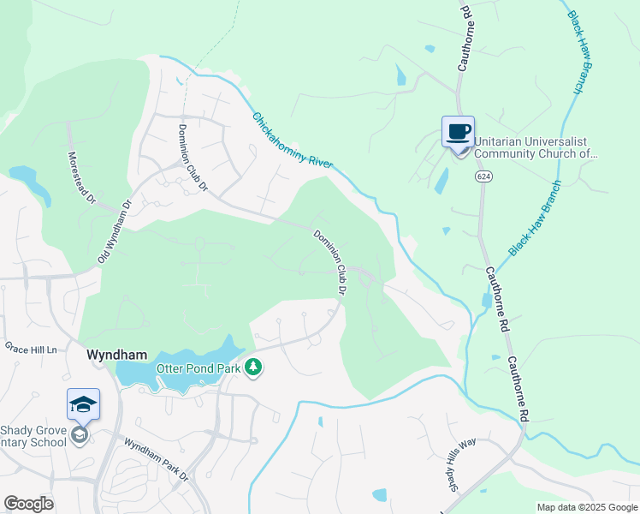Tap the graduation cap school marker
pos(83,404)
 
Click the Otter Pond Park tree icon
pos(252,368)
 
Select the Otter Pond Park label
pos(198,368)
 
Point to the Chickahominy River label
pos(292,140)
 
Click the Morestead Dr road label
pos(82,178)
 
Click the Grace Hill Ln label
pos(30,348)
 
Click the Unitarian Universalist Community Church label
pos(536,147)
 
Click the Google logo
pos(28,504)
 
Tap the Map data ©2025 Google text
pos(586,507)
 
